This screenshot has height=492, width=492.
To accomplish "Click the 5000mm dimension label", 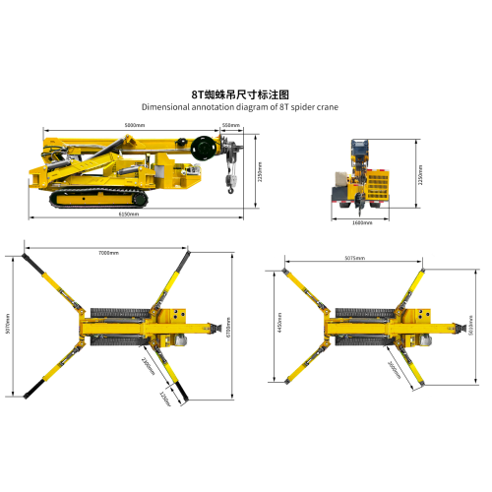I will [135, 125].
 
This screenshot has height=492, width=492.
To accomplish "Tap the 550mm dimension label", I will [230, 125].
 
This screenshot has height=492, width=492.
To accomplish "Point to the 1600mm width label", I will [362, 221].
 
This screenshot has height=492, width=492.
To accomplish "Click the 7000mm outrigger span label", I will [108, 253].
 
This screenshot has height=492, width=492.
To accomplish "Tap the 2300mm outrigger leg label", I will [148, 365].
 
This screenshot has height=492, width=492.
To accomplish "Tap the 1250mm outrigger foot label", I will [165, 396].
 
